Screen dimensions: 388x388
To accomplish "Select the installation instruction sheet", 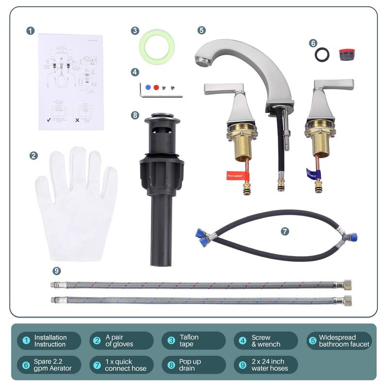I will [71, 81].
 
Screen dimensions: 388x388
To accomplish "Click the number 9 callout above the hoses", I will [57, 271].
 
